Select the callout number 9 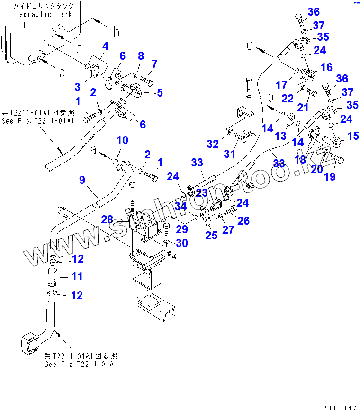[82, 180]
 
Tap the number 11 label [76, 276]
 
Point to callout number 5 [160, 92]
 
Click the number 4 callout [105, 46]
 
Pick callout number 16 [326, 67]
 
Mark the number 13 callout [281, 136]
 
